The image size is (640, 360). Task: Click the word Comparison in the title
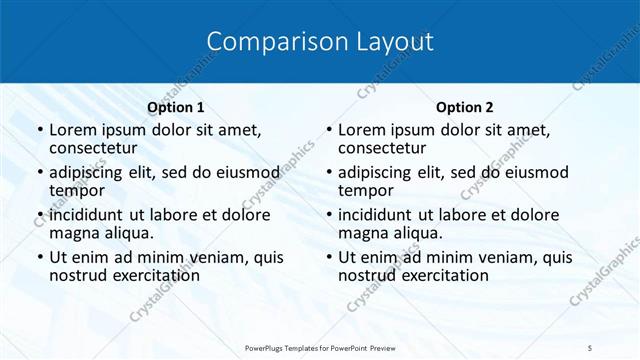coord(265,42)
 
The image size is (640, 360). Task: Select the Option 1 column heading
coord(176,107)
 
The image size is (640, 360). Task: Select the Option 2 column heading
coord(464,107)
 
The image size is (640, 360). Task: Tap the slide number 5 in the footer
coord(590,347)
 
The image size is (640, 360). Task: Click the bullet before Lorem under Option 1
coord(39,131)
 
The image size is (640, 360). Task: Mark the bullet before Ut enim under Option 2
coord(328,258)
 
